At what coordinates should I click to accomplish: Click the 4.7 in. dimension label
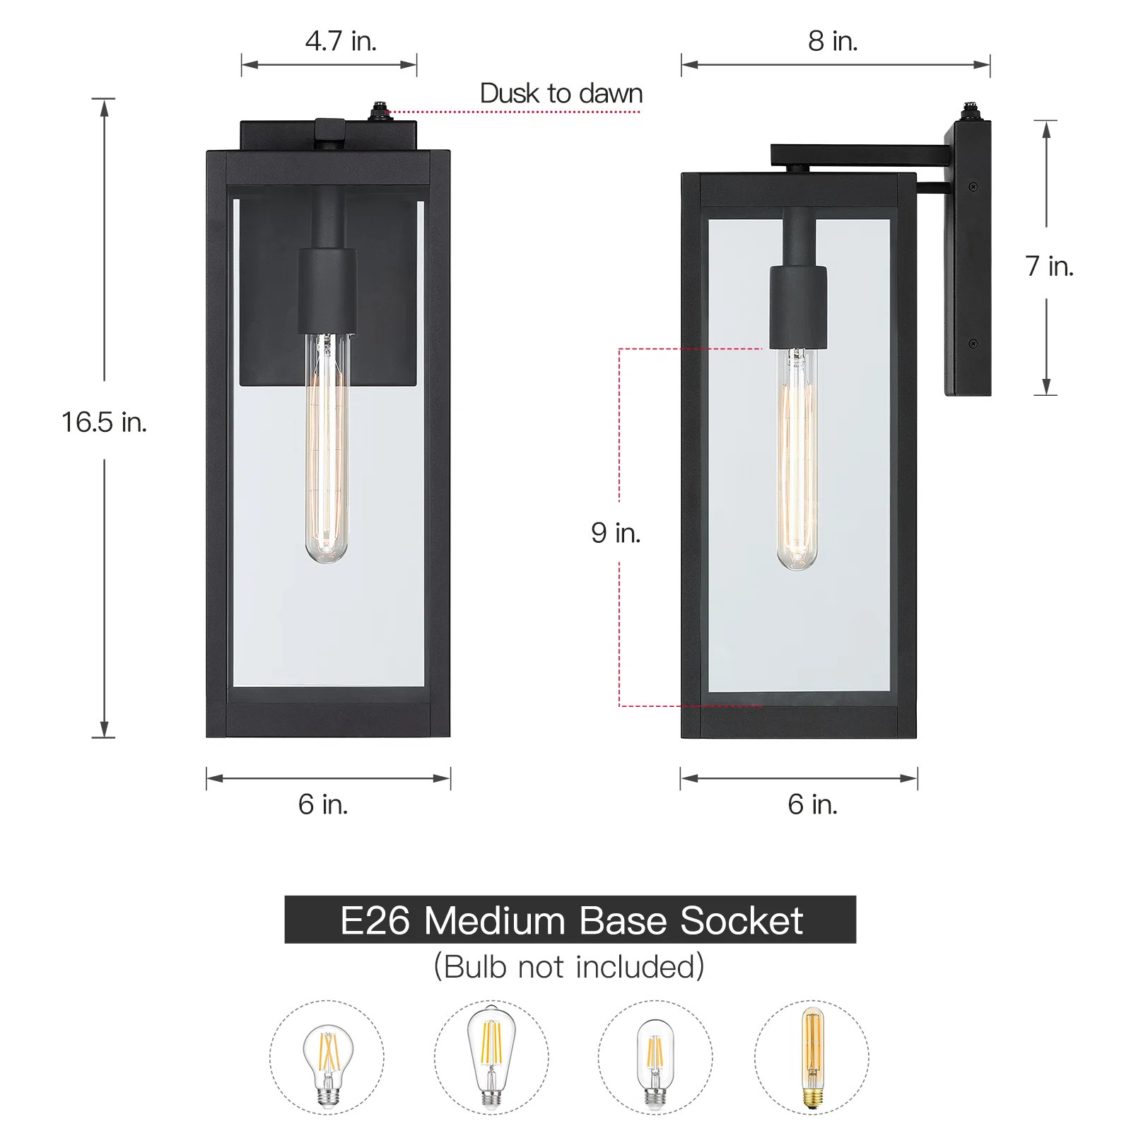tap(341, 41)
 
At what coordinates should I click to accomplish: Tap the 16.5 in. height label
tap(104, 422)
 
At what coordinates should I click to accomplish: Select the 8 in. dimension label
tap(833, 41)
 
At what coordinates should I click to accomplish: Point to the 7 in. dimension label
tap(1049, 266)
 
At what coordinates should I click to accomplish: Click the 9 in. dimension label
tap(616, 532)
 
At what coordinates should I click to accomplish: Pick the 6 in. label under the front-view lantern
tap(323, 804)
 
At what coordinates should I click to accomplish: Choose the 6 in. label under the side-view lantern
tap(812, 804)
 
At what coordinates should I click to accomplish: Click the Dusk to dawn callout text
tap(561, 93)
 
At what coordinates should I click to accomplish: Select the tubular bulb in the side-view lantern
tap(797, 459)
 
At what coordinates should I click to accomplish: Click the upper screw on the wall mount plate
tap(973, 187)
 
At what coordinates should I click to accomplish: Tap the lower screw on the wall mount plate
tap(973, 344)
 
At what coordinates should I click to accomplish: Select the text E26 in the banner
tap(375, 920)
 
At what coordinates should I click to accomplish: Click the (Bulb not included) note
tap(569, 966)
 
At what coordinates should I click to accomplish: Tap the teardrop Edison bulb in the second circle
tap(491, 1056)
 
